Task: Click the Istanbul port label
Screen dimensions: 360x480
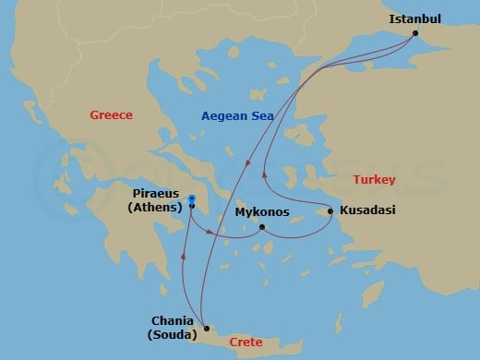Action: [x=414, y=18]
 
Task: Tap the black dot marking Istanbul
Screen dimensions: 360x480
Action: [x=415, y=34]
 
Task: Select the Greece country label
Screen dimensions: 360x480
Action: [x=111, y=115]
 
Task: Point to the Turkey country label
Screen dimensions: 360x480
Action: [x=375, y=179]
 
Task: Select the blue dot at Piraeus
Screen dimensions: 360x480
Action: [x=191, y=198]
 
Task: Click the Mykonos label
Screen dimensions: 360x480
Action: [x=262, y=212]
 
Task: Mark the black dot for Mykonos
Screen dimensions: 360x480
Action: [x=262, y=227]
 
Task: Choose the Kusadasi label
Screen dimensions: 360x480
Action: [x=367, y=210]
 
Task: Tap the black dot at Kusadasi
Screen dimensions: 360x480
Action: [x=330, y=211]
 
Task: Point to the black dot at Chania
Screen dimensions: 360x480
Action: [x=207, y=328]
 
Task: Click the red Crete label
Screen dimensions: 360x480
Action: [x=246, y=342]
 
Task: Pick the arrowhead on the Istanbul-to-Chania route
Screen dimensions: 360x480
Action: [x=246, y=162]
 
